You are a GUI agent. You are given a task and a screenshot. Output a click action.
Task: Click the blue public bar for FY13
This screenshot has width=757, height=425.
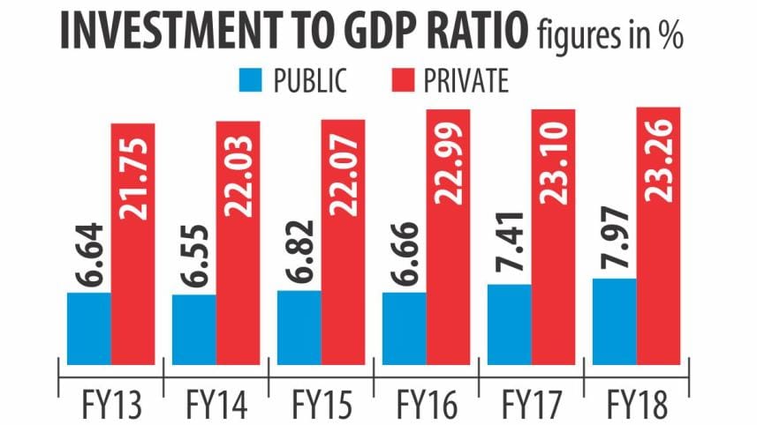pos(88,327)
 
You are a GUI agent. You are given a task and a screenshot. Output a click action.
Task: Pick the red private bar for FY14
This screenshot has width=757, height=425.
pos(238,242)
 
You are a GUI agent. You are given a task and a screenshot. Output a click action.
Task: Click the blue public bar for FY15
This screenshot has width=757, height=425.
pos(299,326)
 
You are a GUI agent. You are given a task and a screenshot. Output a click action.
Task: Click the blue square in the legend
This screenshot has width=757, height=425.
pos(252,81)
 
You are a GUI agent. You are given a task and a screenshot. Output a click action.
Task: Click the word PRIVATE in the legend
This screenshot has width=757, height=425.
pos(467,81)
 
